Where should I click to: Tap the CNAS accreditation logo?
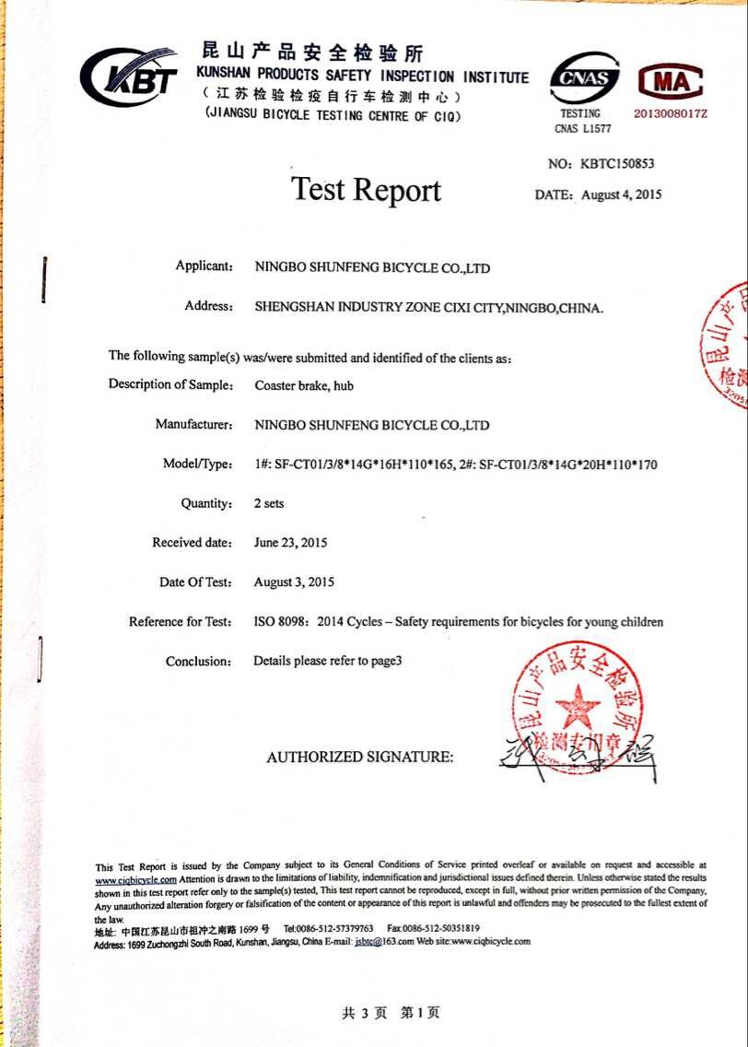point(584,77)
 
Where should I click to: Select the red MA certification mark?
point(671,82)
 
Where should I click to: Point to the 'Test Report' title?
point(367,190)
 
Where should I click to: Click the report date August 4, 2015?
point(621,194)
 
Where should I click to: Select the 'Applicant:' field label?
point(204,266)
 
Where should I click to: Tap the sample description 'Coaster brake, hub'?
point(304,385)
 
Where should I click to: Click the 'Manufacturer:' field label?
point(193,425)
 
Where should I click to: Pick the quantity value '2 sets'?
point(269,503)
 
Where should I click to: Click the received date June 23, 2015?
point(290,543)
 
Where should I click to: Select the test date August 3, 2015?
point(294,582)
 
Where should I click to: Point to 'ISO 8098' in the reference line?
point(281,622)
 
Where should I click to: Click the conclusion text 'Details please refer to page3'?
point(328,661)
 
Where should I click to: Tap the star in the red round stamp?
point(578,707)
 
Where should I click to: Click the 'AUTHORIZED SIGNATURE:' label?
point(360,758)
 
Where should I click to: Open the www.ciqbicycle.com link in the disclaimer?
point(135,880)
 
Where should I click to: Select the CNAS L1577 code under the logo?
point(582,129)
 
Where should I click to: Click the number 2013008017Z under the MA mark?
point(671,113)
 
